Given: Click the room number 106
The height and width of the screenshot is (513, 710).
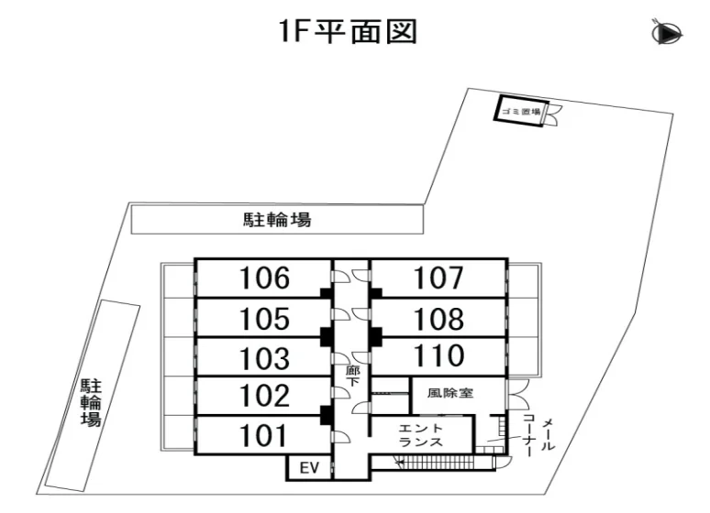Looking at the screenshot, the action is pyautogui.click(x=264, y=278).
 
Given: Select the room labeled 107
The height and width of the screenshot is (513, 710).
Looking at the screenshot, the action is pyautogui.click(x=438, y=278).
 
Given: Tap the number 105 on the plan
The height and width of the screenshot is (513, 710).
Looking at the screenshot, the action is pyautogui.click(x=264, y=319).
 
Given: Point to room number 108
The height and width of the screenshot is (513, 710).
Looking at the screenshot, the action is pyautogui.click(x=438, y=319).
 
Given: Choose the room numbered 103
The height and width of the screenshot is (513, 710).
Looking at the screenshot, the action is pyautogui.click(x=264, y=358).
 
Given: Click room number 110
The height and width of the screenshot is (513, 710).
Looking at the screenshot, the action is pyautogui.click(x=438, y=355).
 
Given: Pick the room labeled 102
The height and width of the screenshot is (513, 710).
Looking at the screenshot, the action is pyautogui.click(x=264, y=396).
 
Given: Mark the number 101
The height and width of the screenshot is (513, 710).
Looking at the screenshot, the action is pyautogui.click(x=263, y=435).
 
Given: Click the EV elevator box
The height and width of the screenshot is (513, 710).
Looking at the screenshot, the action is pyautogui.click(x=309, y=467).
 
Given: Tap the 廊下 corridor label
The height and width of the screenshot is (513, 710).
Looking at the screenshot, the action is pyautogui.click(x=353, y=377).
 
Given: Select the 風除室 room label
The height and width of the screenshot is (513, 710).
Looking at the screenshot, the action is pyautogui.click(x=450, y=392).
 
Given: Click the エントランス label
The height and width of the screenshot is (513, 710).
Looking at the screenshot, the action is pyautogui.click(x=421, y=435).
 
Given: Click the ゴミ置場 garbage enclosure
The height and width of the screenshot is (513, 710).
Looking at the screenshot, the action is pyautogui.click(x=521, y=111).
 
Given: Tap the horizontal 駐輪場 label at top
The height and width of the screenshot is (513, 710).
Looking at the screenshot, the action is pyautogui.click(x=277, y=220).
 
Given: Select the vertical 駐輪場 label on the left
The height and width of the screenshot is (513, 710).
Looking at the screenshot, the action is pyautogui.click(x=91, y=402).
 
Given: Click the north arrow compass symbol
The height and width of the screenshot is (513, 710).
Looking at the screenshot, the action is pyautogui.click(x=668, y=34).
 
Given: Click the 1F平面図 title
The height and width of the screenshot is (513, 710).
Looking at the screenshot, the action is pyautogui.click(x=348, y=31).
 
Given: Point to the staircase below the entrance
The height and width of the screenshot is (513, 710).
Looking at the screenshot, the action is pyautogui.click(x=445, y=463).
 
